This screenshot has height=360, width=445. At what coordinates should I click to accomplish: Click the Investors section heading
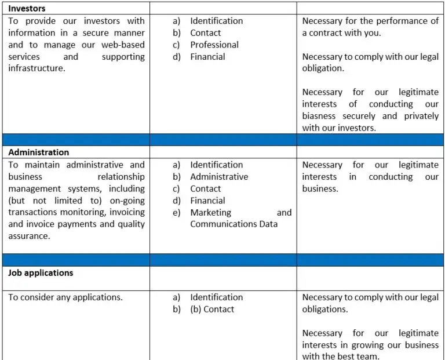tap(27, 8)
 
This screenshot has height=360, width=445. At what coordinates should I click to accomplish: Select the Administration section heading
tap(38, 152)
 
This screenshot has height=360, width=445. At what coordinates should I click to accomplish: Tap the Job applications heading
tap(41, 272)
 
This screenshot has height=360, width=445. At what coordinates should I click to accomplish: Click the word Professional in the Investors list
tap(214, 45)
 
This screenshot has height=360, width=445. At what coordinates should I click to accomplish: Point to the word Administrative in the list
tap(219, 177)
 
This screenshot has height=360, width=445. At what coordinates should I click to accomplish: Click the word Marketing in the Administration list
tap(210, 213)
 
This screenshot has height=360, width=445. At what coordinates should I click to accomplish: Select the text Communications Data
tap(234, 224)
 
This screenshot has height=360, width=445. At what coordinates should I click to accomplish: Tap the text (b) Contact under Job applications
tap(212, 310)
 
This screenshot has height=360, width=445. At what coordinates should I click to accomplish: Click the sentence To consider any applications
tap(65, 297)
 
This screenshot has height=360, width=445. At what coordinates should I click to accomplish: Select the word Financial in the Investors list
tap(207, 57)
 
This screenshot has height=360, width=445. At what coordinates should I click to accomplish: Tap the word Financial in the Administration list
tap(207, 201)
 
